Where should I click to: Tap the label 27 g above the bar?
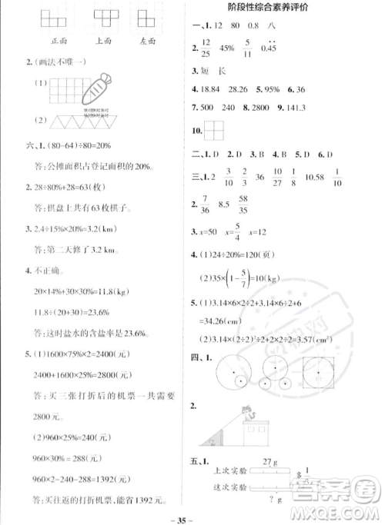[269, 462]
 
